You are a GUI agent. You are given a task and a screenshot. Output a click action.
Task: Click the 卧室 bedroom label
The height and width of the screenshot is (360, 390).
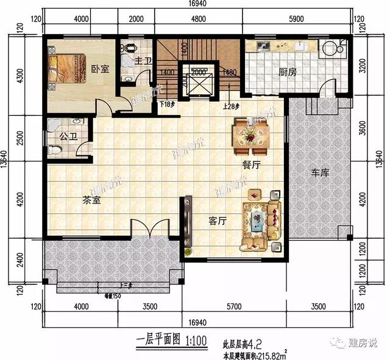coord(100,69)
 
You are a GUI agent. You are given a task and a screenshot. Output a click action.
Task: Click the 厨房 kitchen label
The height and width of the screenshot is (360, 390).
coord(288,72)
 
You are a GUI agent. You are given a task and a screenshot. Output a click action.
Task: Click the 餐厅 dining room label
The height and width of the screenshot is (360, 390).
coord(252,164)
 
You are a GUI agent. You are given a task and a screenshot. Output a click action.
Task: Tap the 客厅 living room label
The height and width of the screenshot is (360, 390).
coord(218,221)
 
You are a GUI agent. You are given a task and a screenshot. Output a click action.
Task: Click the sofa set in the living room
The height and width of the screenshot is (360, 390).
coord(261,219)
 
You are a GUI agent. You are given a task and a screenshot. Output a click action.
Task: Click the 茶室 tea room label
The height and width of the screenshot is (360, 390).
coord(91,199)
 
